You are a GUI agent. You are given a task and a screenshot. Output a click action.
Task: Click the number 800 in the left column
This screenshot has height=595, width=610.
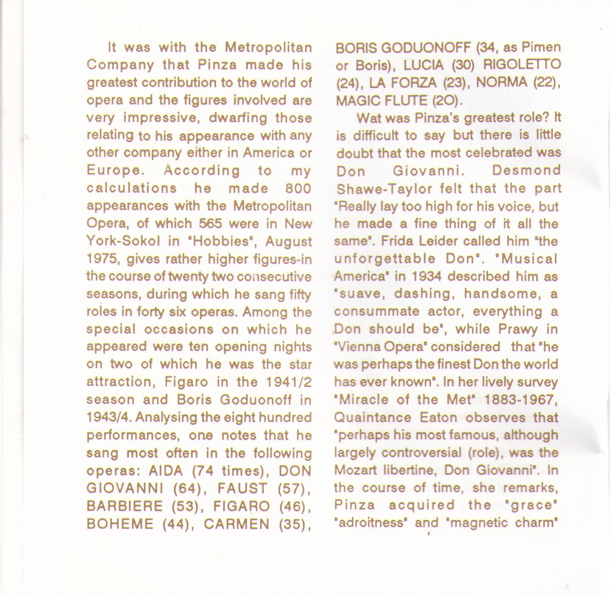point(298,188)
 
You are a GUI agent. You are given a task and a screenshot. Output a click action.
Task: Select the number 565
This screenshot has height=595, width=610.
point(211,223)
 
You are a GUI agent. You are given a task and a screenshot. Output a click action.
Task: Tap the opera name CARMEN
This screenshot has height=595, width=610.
point(237,524)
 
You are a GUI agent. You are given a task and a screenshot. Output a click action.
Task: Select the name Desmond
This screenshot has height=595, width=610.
point(526,171)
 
